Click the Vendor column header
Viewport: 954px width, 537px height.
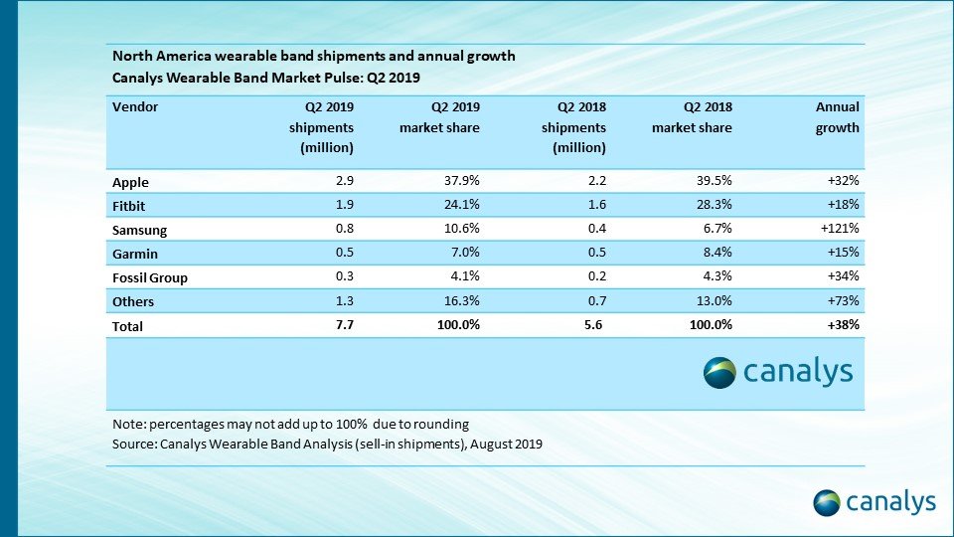135,106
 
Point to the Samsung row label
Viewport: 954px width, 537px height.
140,230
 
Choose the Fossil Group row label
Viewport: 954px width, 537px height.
151,277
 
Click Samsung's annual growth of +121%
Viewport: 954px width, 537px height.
838,229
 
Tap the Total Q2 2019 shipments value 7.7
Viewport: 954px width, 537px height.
345,324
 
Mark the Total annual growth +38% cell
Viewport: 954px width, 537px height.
841,324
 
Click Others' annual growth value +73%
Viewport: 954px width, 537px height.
841,300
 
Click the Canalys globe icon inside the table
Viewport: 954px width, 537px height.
719,373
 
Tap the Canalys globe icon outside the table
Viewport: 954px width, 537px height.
827,501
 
